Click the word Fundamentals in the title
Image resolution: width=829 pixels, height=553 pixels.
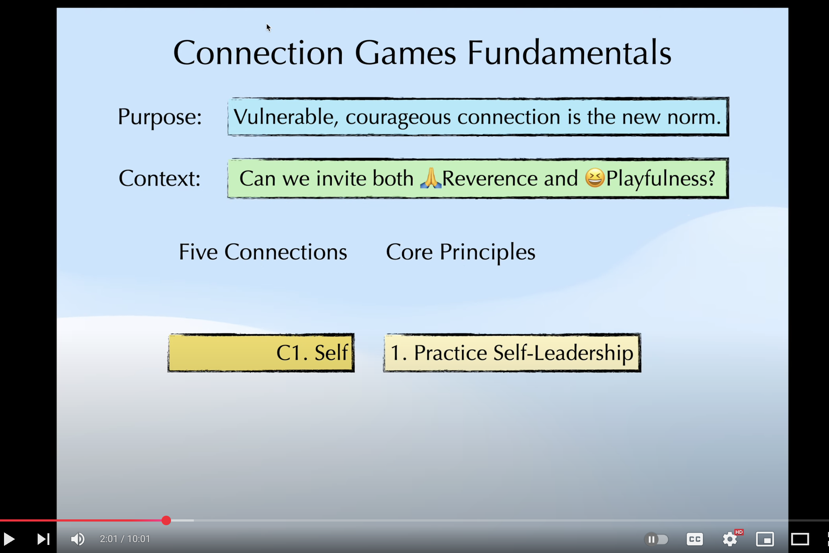569,53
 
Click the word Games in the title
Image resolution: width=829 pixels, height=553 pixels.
405,53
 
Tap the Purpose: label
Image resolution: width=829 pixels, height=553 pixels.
160,117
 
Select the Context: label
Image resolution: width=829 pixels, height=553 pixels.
160,178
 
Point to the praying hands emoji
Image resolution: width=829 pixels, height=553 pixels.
431,178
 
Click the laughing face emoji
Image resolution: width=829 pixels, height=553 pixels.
595,178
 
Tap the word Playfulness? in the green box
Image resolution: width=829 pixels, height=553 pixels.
660,178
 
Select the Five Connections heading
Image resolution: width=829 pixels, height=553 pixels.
263,252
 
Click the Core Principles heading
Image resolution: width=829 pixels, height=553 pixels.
461,252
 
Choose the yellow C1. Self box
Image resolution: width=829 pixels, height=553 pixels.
261,353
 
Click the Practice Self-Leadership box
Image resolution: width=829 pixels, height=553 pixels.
512,353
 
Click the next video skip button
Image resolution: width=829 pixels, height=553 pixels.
43,539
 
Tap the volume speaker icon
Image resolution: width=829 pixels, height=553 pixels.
77,539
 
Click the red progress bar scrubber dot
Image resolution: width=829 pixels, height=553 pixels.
166,520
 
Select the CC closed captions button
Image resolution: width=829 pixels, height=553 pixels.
694,539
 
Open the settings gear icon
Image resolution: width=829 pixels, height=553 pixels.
730,539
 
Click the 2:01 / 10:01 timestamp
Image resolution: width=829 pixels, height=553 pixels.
125,539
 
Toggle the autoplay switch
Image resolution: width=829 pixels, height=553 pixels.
656,539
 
